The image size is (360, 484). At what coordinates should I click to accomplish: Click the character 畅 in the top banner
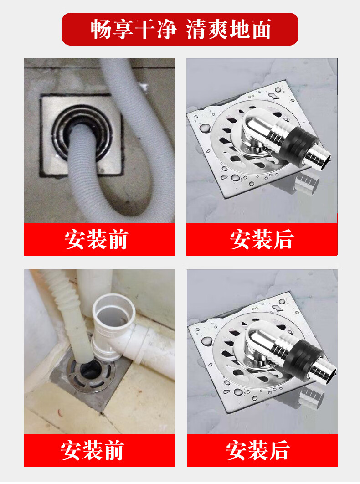click(101, 29)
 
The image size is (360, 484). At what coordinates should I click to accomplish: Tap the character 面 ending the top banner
click(261, 29)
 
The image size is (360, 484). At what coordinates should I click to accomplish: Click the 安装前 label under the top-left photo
click(96, 239)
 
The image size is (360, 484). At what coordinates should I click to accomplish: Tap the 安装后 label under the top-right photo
click(262, 239)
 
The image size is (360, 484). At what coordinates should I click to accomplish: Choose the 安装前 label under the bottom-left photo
click(92, 450)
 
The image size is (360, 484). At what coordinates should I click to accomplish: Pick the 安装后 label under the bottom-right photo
click(258, 450)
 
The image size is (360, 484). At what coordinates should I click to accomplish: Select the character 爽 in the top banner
click(219, 29)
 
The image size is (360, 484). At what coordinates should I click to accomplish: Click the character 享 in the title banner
click(123, 29)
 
